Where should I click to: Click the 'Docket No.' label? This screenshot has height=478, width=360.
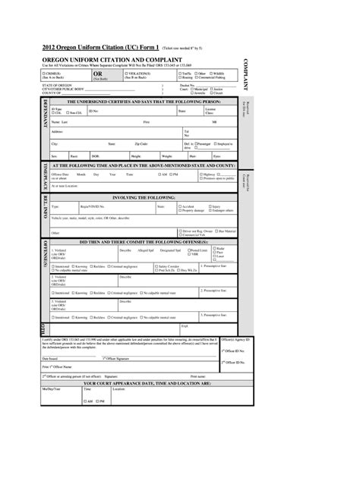[186, 85]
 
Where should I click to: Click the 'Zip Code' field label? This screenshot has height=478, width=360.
[141, 143]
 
